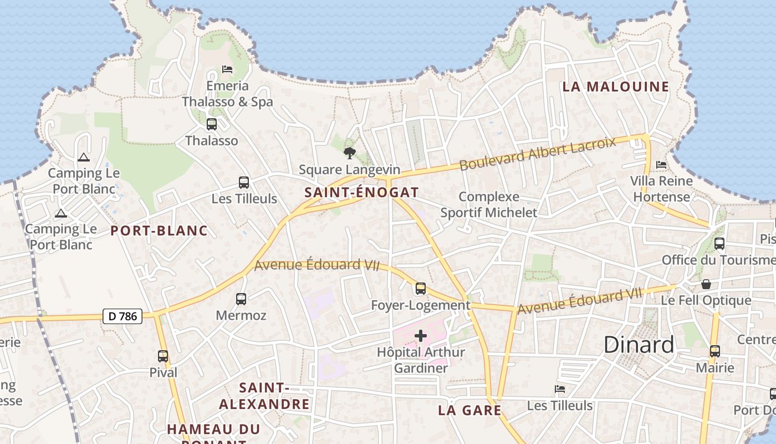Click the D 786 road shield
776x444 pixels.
tap(122, 316)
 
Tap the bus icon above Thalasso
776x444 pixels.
tap(212, 124)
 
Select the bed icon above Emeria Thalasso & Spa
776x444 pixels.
tap(227, 69)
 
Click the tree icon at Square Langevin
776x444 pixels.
tap(349, 153)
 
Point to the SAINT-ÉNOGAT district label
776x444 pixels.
tap(361, 193)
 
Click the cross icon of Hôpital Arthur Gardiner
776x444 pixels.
tap(421, 336)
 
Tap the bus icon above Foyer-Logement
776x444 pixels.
tap(421, 289)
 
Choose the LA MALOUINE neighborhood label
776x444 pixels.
tap(616, 87)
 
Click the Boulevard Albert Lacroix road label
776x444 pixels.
tap(538, 153)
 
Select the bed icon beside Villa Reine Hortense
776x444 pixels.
tap(661, 165)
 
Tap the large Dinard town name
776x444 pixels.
tap(639, 345)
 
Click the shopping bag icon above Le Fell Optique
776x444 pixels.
tap(706, 284)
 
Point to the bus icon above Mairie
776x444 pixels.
tap(715, 351)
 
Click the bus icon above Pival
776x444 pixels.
tap(163, 356)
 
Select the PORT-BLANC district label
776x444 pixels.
tap(159, 231)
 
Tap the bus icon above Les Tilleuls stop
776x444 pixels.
tap(244, 182)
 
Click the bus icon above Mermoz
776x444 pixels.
tap(241, 299)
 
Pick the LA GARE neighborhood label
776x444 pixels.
tap(469, 411)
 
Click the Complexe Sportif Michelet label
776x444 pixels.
tap(489, 205)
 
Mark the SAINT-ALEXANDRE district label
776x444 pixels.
tap(264, 396)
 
